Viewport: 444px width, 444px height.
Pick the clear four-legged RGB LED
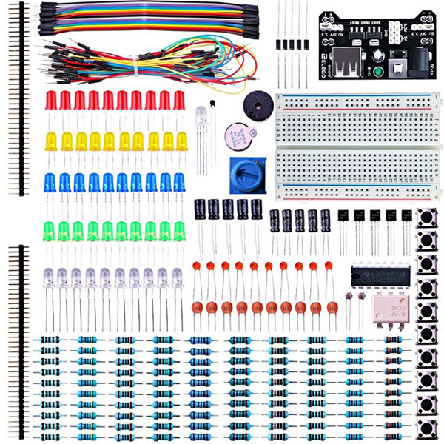(201, 118)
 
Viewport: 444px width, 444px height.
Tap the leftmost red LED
(51, 101)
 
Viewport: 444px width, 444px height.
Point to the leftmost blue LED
(51, 183)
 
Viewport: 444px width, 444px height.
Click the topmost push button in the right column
(426, 219)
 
